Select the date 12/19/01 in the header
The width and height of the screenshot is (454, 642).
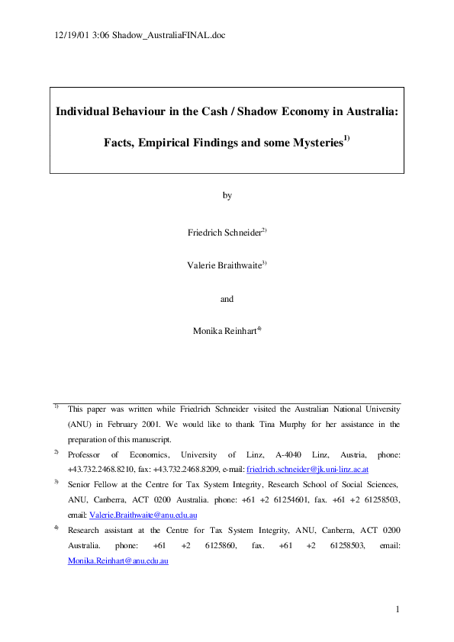click(71, 35)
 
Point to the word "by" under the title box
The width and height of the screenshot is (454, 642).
click(227, 195)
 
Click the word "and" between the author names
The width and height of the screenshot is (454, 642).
click(227, 299)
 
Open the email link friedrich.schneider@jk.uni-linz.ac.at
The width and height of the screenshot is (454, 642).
click(307, 470)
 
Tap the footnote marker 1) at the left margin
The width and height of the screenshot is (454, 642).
click(56, 406)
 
